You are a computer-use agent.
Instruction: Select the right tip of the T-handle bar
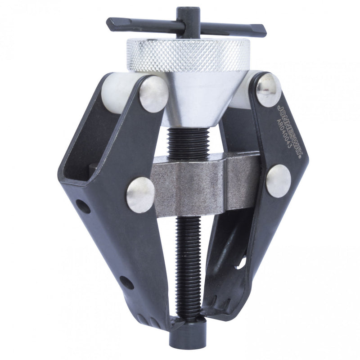coord(263,32)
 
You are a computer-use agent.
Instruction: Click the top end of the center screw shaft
coord(186,12)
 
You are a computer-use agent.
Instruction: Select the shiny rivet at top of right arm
coord(269,89)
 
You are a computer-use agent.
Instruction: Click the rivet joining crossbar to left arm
coord(140,194)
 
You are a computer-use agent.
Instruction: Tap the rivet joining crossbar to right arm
coord(278,180)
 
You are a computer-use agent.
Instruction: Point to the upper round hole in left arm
coord(83,207)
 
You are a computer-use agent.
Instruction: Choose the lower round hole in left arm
coord(126,282)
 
